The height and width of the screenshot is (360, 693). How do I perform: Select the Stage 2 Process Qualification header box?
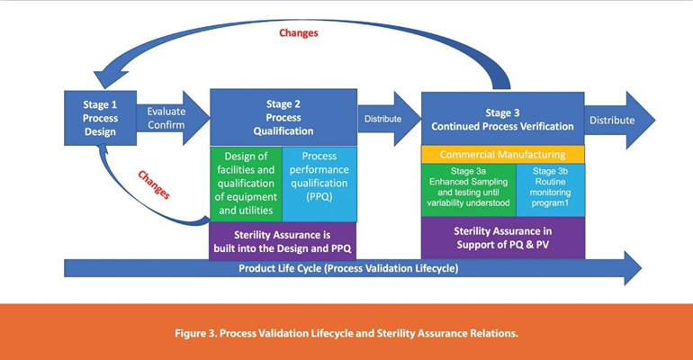[283, 117]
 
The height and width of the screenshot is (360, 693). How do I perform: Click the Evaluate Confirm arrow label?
[166, 117]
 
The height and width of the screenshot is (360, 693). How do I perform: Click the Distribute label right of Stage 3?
[611, 120]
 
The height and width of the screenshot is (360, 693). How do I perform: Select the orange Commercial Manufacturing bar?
[502, 155]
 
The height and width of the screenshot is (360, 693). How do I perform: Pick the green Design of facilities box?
[245, 183]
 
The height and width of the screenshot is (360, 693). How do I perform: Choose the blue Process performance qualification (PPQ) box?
[319, 183]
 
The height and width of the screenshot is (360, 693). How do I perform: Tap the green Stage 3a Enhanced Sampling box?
[468, 188]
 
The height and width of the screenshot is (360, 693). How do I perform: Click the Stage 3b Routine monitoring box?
[550, 188]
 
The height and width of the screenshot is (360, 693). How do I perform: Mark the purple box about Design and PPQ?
[283, 239]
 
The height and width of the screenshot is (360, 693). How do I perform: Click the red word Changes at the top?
[297, 33]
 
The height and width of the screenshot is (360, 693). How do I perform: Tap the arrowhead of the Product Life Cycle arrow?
[632, 268]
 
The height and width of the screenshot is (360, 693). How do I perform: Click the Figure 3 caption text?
[346, 332]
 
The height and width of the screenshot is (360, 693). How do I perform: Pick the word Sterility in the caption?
[427, 332]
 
